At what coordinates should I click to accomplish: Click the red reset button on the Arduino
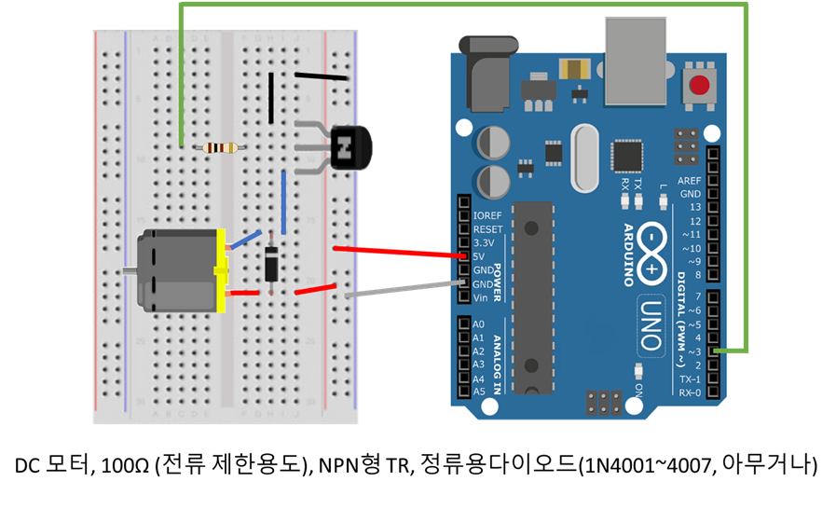(x=700, y=87)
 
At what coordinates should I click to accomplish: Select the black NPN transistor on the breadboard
(x=349, y=146)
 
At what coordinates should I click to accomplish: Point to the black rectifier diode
(x=270, y=263)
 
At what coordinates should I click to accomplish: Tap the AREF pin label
(x=690, y=181)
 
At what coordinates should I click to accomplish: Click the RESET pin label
(x=487, y=228)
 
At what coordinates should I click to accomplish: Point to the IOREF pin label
(x=487, y=215)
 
